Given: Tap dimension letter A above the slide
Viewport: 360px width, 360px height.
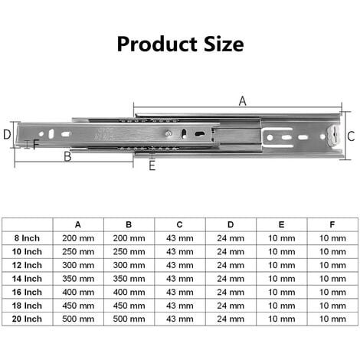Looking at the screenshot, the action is click(242, 101).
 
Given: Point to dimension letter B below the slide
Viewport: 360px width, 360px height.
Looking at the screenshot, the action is click(67, 156).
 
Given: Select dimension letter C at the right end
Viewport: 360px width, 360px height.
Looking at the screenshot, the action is click(351, 136).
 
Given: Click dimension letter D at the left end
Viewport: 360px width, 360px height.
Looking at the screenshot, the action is click(7, 135).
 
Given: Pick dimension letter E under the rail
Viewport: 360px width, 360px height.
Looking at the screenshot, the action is click(152, 166).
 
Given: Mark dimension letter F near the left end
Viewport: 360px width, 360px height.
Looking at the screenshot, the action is click(36, 144).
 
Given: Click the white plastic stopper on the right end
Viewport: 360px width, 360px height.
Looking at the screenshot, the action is click(332, 136).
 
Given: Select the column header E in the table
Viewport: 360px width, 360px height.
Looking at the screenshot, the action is click(281, 224).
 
